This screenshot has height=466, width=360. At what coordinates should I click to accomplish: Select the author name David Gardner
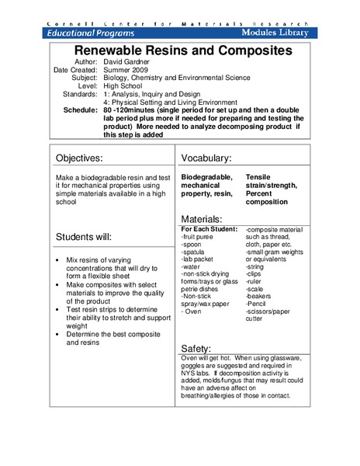click(x=129, y=61)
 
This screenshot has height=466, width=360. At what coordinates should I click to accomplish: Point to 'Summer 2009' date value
click(x=126, y=70)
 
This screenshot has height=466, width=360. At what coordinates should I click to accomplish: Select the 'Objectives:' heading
click(x=90, y=158)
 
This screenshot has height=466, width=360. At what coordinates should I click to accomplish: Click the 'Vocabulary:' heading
click(x=206, y=158)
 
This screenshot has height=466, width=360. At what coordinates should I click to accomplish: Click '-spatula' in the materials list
click(x=195, y=252)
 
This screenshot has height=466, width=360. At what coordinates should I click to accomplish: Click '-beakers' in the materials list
click(x=260, y=296)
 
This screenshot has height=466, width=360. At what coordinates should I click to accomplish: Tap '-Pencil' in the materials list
click(x=258, y=304)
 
